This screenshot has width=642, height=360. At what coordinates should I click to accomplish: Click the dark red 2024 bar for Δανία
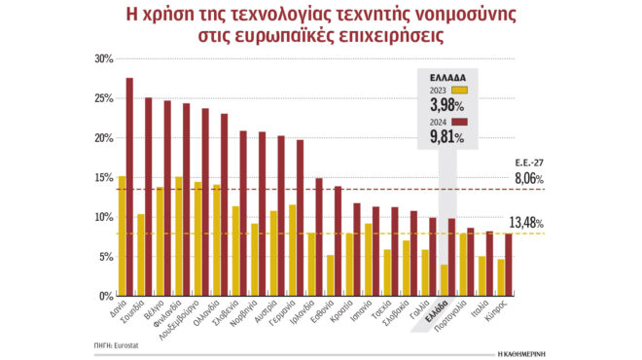129,186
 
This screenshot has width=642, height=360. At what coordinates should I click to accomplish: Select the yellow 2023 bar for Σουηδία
141,254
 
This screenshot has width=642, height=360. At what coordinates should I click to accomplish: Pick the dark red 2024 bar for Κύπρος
508,264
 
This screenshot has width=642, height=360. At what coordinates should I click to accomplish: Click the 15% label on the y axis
101,177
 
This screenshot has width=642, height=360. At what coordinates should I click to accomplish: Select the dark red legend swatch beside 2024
460,122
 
